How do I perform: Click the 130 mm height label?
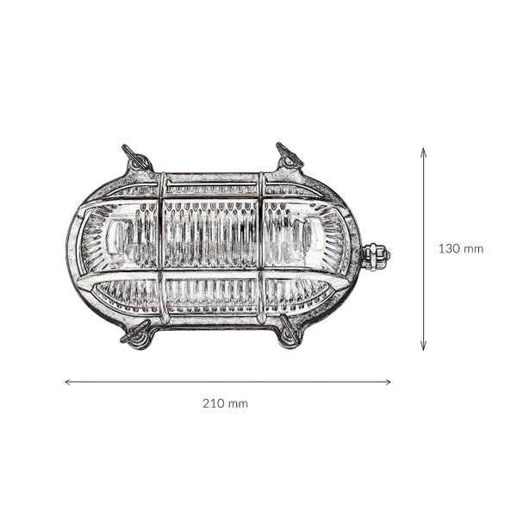460,249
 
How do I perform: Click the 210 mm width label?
225,403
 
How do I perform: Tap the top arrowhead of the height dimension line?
423,150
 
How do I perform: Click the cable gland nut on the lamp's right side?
376,255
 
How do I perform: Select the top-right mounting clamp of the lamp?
289,157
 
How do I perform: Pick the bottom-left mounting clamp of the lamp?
138,334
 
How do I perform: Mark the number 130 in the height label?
449,249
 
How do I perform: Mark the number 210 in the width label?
214,403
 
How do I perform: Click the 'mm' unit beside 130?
472,249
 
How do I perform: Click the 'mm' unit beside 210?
237,403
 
